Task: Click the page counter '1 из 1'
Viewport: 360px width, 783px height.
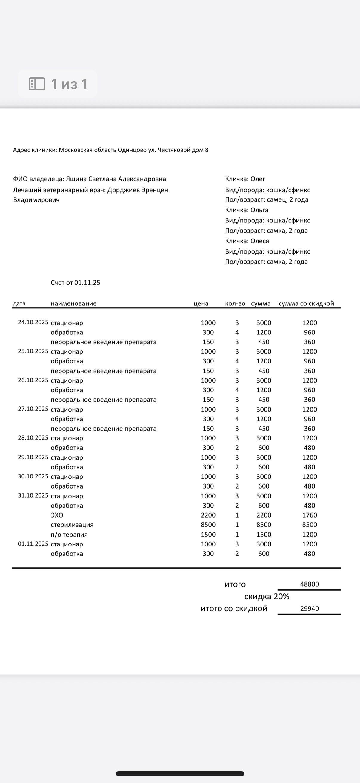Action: [69, 84]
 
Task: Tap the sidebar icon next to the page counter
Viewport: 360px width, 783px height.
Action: [37, 84]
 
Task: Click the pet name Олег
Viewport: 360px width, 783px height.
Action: [258, 179]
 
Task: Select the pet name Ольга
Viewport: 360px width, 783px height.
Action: [259, 210]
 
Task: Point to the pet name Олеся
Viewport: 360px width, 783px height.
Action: [260, 241]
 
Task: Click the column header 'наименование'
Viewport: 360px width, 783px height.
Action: [73, 303]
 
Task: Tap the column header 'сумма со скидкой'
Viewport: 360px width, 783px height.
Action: [306, 303]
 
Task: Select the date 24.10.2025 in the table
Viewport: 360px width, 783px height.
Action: [33, 322]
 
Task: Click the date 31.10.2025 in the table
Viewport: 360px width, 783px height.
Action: [33, 495]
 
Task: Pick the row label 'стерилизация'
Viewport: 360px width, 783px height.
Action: [72, 525]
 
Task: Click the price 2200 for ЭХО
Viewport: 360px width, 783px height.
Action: [208, 515]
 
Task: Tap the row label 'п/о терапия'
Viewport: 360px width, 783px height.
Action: [69, 534]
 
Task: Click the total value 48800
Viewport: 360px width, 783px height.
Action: [309, 584]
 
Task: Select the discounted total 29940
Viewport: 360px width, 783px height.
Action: [309, 609]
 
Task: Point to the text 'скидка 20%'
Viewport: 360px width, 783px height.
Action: [267, 596]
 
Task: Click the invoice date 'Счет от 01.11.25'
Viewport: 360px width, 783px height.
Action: [75, 283]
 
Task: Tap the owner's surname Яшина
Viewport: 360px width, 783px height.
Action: [76, 179]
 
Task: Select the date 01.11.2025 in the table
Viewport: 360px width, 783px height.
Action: [33, 544]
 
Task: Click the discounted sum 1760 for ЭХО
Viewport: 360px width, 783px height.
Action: [309, 515]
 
